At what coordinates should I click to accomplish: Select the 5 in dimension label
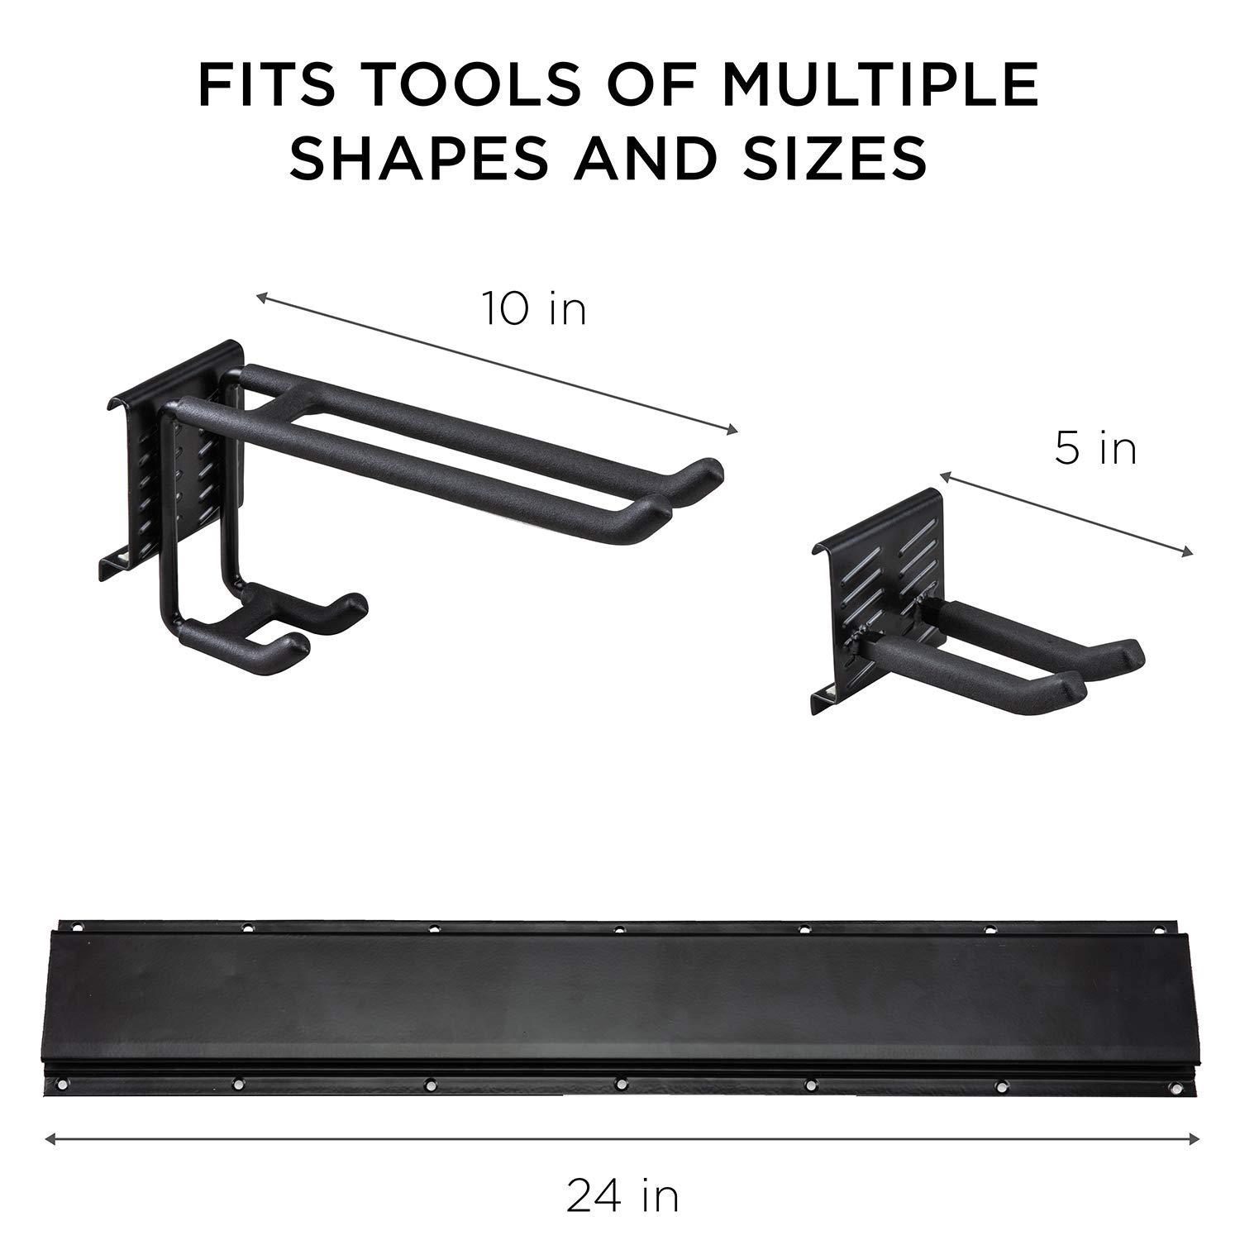pos(1095,449)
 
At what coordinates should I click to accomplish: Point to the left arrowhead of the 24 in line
pos(50,1139)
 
